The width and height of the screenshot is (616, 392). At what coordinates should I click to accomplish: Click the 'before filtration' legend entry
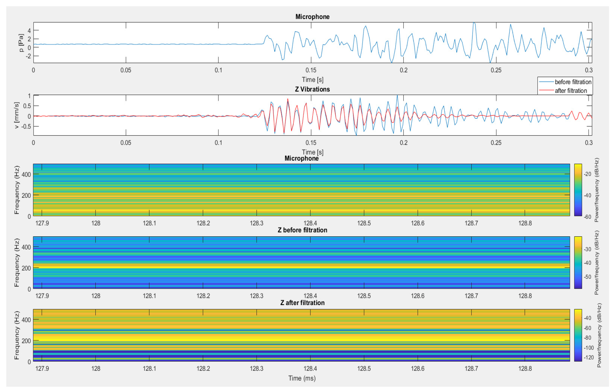[573, 82]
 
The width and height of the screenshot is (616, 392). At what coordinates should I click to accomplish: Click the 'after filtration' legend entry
[571, 91]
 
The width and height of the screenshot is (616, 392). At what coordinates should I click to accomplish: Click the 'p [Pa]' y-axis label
[21, 43]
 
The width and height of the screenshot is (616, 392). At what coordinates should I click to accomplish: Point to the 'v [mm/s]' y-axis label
[16, 115]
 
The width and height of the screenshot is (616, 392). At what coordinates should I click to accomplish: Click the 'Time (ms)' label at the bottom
[302, 378]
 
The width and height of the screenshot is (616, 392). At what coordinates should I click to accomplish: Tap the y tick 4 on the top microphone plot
[29, 31]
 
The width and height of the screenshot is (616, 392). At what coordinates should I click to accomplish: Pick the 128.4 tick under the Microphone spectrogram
[310, 223]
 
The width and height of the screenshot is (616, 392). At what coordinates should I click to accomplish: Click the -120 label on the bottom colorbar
[588, 357]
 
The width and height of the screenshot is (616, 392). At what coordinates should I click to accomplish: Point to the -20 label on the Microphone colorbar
[587, 174]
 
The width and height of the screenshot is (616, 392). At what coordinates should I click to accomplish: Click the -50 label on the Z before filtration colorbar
[587, 277]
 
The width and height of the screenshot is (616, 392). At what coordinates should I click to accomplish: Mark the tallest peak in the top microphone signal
[474, 23]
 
